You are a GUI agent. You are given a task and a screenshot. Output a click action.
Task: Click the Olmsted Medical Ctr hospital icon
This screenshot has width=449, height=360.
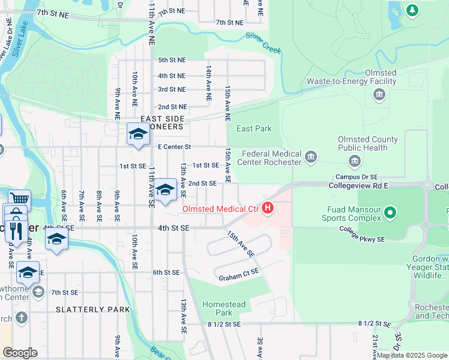coord(268,209)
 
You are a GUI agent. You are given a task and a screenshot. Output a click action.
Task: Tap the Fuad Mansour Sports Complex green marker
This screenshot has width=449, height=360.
coord(390,212)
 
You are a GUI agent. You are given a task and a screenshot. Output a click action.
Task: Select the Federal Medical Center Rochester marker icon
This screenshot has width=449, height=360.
coord(310,158)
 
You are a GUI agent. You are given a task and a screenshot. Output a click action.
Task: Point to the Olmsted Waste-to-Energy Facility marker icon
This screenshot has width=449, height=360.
coord(379,94)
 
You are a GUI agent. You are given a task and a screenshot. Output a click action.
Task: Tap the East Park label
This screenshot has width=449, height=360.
coord(254,128)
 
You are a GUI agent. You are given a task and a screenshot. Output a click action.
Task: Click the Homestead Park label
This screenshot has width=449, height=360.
coord(224,308)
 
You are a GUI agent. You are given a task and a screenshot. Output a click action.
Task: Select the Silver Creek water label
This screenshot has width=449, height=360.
coord(264,44)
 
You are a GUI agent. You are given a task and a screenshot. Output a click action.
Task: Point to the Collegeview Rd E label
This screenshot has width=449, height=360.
coord(359,186)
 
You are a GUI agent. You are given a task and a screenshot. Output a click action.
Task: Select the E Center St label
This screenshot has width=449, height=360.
coord(174,146)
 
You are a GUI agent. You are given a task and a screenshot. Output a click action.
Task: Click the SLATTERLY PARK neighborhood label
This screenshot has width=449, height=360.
coord(92,310)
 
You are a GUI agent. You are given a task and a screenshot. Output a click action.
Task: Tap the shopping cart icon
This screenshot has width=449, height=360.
coord(19,199)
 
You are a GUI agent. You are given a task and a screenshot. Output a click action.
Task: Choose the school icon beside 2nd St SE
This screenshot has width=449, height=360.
coord(164,190)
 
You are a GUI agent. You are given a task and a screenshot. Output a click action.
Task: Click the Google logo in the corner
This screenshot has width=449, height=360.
coord(20,353)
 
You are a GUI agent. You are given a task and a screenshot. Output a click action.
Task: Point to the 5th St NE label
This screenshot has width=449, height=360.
coord(172,60)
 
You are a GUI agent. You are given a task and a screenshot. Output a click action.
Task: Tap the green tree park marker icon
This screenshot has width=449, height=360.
coord(412,10)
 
